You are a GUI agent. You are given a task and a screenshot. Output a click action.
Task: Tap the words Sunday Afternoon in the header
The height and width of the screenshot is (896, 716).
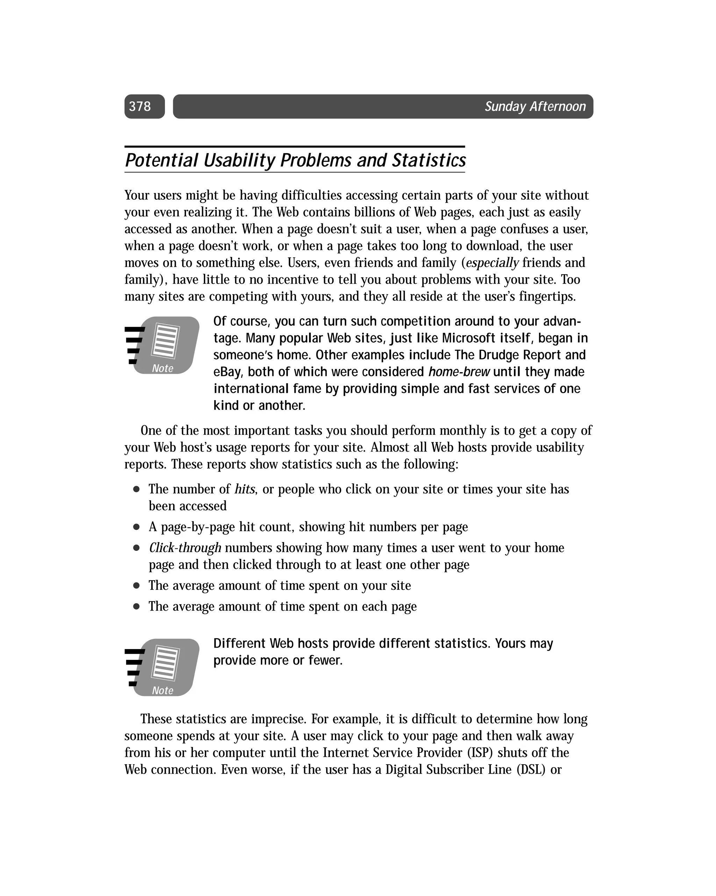tap(535, 106)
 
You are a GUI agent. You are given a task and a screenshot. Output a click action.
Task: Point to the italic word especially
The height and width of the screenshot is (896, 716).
tap(492, 263)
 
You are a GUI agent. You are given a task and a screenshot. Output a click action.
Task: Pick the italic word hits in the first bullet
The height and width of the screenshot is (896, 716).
tap(244, 489)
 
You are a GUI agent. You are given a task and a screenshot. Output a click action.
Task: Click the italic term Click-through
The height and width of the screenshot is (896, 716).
tap(185, 548)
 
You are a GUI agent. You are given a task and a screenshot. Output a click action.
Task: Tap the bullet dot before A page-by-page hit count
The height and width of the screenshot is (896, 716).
tap(136, 527)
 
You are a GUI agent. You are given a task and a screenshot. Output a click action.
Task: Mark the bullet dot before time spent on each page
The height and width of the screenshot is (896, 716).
tap(136, 606)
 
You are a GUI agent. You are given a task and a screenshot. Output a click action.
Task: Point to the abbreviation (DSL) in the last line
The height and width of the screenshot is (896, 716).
tap(531, 769)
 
